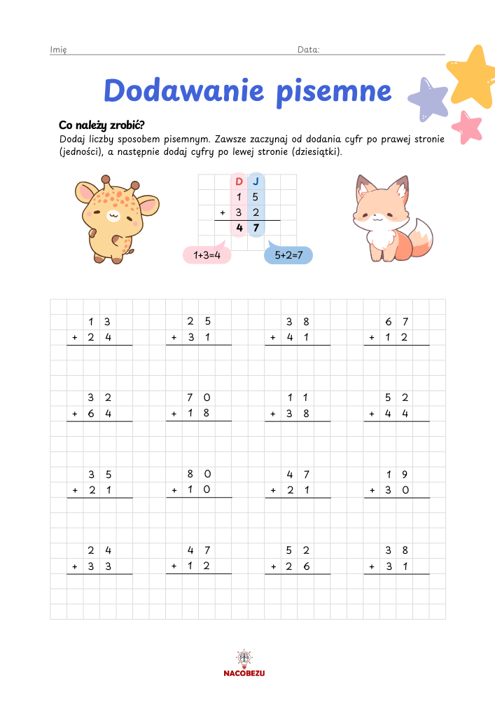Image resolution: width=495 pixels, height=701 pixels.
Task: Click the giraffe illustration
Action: [111, 218]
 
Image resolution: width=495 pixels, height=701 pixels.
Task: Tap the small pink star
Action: [467, 126]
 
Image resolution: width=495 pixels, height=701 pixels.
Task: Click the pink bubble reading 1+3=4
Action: [208, 256]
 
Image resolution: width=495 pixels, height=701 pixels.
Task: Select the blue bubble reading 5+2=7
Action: [288, 256]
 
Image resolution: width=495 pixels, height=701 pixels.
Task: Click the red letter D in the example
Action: [239, 182]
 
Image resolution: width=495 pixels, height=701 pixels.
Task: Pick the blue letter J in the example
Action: [256, 182]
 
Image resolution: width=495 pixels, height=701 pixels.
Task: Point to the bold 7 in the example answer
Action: [256, 228]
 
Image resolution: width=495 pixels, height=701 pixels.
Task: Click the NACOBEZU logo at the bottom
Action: [244, 664]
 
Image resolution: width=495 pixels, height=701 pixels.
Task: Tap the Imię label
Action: [58, 50]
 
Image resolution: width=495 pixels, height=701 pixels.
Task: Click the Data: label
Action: [309, 50]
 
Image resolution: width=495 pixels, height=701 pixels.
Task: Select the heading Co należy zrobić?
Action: [102, 125]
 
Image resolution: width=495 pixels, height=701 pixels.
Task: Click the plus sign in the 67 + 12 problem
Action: [372, 338]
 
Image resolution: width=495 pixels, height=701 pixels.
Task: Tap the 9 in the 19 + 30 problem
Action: [405, 474]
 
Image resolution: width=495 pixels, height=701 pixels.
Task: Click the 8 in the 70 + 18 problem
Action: [207, 414]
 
